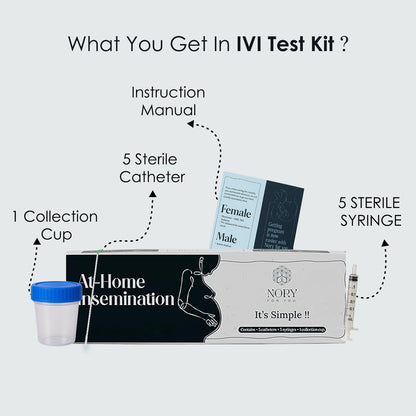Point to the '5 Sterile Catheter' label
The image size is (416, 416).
pos(154,169)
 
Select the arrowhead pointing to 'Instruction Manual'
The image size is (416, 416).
pos(193,125)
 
